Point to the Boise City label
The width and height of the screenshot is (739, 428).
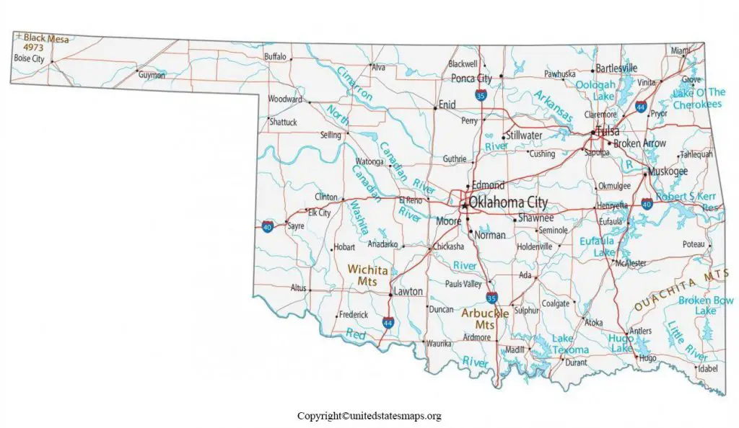pos(29,58)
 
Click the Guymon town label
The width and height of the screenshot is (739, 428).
pos(152,75)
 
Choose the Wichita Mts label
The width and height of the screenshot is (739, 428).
pos(368,275)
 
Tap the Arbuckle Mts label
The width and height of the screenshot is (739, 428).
pos(485,319)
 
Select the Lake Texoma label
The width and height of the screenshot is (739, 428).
pos(570,344)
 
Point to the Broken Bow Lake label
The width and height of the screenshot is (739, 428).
pos(705,305)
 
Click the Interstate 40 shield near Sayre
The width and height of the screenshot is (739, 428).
pos(267,226)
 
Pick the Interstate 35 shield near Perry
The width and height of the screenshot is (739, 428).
pos(481,94)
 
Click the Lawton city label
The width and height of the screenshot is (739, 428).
pos(409,292)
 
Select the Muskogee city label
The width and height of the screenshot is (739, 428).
pos(668,171)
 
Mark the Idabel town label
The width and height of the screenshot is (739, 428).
pos(708,368)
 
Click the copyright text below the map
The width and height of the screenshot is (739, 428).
pos(369,416)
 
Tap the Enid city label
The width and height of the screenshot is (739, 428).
pos(447,105)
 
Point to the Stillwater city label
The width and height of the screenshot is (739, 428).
pos(524,135)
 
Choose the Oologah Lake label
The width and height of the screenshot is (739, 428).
pos(595,90)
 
